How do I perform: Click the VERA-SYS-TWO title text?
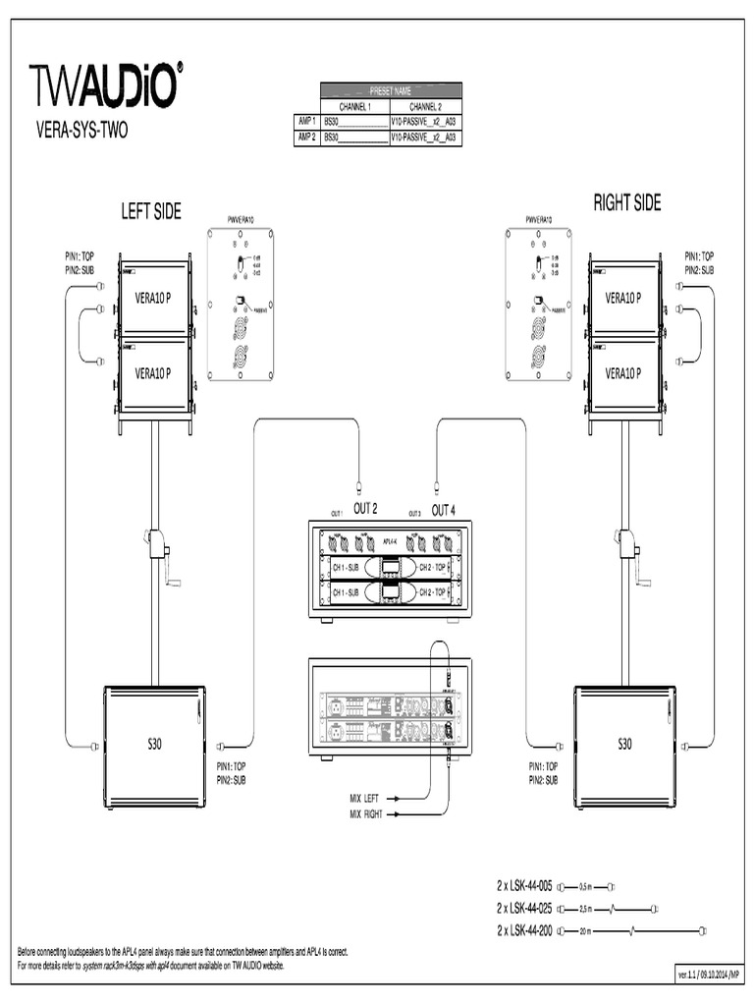[81, 128]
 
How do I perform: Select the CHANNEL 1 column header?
[354, 106]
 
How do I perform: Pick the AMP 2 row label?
[306, 139]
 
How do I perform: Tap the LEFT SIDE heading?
[151, 211]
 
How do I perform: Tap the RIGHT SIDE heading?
[626, 202]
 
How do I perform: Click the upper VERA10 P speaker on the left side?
[154, 298]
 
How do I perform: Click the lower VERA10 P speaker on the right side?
[623, 373]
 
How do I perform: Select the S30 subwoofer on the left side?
[154, 745]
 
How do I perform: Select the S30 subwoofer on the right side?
[624, 745]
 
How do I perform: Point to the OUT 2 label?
[365, 510]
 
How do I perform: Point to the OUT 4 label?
[443, 510]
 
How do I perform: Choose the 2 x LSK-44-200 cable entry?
[525, 930]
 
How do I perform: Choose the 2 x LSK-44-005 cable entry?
[525, 885]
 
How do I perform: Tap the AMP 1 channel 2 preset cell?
[424, 122]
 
